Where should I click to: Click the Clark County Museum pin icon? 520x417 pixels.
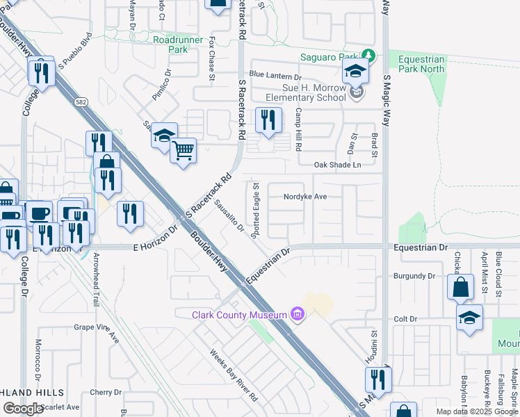299,315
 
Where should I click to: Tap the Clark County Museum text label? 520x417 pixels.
239,316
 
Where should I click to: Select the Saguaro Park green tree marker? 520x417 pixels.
371,56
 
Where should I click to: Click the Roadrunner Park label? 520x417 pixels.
170,44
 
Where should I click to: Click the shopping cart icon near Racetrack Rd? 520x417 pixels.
183,149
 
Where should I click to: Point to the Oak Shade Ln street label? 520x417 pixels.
337,165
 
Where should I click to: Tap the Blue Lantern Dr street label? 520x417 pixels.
275,75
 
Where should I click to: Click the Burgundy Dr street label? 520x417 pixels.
414,276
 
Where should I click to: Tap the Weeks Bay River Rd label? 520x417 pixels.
234,375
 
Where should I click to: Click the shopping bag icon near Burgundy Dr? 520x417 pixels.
460,286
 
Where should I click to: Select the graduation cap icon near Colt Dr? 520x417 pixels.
469,318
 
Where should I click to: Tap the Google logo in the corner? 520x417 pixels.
23,409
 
